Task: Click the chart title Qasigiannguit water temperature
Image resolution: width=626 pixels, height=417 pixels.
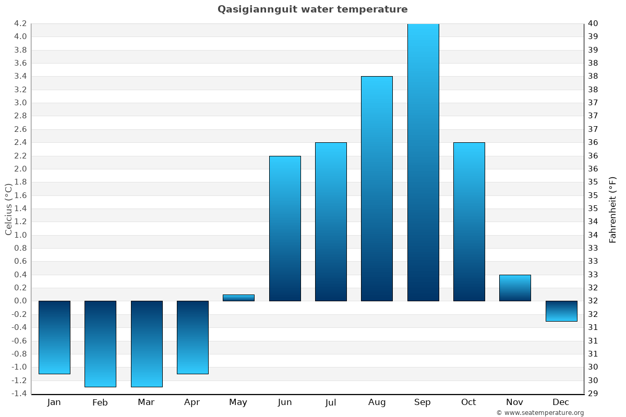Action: tap(312, 9)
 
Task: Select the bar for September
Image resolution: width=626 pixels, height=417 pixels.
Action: tap(423, 162)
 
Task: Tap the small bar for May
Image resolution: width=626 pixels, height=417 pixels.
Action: tap(238, 298)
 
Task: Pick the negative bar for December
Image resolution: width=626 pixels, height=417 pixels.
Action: tap(561, 311)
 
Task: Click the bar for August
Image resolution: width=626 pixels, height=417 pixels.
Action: tap(377, 189)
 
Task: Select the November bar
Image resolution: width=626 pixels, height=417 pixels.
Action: tap(515, 288)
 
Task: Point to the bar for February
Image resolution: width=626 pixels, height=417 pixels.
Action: tap(100, 344)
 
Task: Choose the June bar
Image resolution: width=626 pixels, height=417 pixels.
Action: tap(285, 228)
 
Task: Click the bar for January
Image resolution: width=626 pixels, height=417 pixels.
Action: tap(54, 337)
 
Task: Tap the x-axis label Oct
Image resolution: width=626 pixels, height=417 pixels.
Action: tap(468, 402)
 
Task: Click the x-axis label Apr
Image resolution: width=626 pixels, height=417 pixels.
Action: tap(192, 402)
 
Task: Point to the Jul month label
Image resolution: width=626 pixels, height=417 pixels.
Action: tap(330, 402)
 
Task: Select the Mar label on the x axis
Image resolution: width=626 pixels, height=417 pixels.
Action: tap(146, 402)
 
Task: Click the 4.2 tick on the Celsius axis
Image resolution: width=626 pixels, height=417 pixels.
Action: tap(20, 23)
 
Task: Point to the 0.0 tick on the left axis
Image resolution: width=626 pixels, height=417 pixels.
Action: tap(20, 301)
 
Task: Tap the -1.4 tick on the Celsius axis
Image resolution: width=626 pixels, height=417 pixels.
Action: tap(19, 394)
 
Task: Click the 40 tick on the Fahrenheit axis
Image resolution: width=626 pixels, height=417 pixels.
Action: tap(593, 23)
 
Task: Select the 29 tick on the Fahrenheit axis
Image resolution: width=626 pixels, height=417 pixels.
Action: tap(593, 394)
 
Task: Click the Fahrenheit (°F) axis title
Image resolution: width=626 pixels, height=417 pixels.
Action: tap(612, 210)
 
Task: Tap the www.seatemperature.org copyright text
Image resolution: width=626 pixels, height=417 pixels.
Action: tap(540, 413)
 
